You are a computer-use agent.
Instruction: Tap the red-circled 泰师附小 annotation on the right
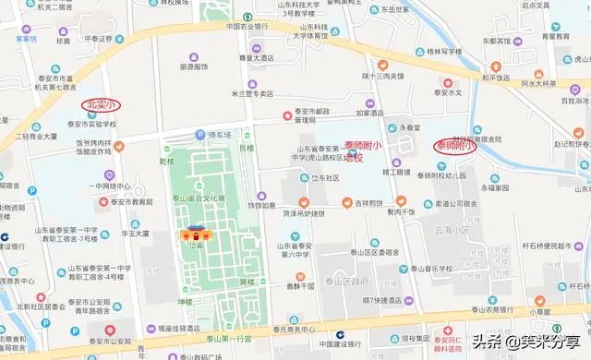pos(457,146)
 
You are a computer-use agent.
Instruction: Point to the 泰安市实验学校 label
pos(91,124)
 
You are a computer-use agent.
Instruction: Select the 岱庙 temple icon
pos(196,234)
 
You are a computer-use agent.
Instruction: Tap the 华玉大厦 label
pos(135,234)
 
